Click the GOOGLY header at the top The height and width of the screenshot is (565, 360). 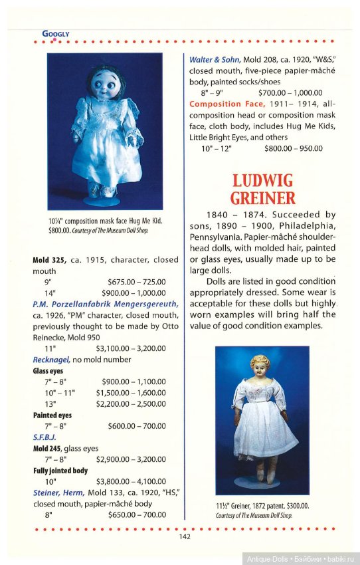56,33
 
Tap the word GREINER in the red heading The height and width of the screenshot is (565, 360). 264,197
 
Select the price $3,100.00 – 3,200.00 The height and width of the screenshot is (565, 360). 131,348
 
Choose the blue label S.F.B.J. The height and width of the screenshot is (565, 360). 45,438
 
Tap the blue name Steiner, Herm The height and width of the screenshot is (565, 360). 58,493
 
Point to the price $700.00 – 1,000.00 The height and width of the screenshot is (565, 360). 290,93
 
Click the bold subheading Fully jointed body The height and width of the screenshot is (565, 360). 60,471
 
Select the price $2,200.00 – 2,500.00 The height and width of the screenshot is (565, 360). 131,403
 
